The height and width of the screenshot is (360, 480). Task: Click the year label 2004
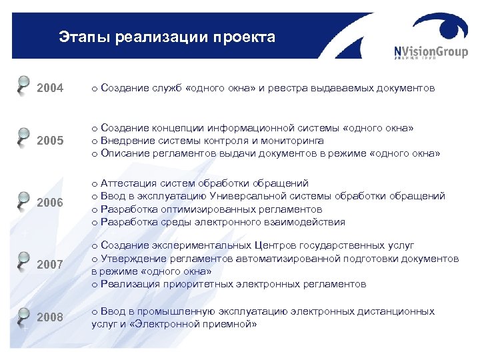[50, 87]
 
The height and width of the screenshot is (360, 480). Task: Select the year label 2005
[50, 141]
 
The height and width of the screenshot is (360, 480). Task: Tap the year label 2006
[50, 203]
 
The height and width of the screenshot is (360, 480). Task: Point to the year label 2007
[50, 265]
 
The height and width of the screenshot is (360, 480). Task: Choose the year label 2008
[50, 317]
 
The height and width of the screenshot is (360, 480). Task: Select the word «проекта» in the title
[244, 37]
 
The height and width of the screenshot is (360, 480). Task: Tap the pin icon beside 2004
[23, 84]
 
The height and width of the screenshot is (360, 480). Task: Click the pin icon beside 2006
[23, 199]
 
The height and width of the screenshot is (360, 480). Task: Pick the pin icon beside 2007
[23, 260]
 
